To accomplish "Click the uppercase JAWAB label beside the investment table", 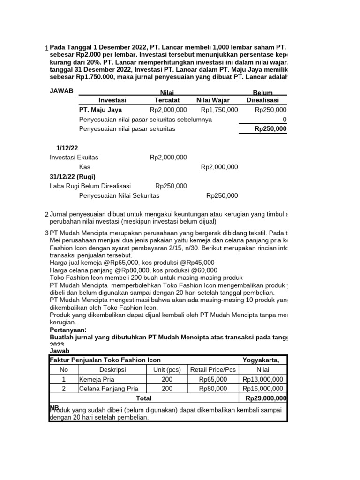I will [61, 91].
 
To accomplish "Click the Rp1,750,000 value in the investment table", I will [219, 110].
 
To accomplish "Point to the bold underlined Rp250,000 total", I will [270, 128].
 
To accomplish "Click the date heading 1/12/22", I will [67, 148].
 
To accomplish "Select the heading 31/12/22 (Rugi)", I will [73, 177].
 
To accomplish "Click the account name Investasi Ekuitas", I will [74, 157].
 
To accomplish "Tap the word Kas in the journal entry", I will [85, 167].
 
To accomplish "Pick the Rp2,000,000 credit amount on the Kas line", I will [219, 167].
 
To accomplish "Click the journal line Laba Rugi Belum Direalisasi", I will [90, 186].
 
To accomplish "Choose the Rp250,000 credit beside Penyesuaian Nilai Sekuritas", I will [222, 195].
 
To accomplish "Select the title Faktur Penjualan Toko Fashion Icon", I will [105, 360].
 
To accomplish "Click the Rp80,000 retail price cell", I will [213, 389].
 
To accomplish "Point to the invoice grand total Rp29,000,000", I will [265, 398].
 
